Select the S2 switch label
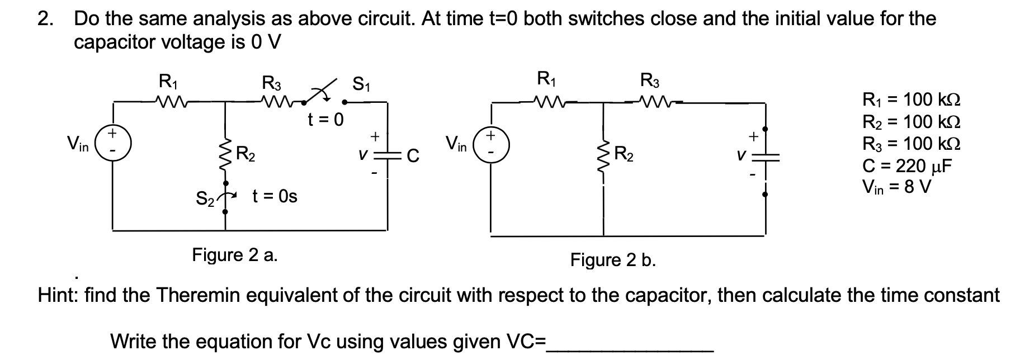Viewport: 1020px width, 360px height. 205,198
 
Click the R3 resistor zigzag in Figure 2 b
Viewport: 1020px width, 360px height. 650,101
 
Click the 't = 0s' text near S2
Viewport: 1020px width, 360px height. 275,196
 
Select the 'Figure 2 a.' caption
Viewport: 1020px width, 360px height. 235,255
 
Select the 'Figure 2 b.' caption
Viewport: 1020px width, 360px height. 613,260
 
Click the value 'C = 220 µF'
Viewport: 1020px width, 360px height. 907,165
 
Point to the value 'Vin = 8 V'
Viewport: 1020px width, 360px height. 896,187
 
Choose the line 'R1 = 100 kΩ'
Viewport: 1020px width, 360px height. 912,100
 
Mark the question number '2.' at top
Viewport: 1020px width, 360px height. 46,19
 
